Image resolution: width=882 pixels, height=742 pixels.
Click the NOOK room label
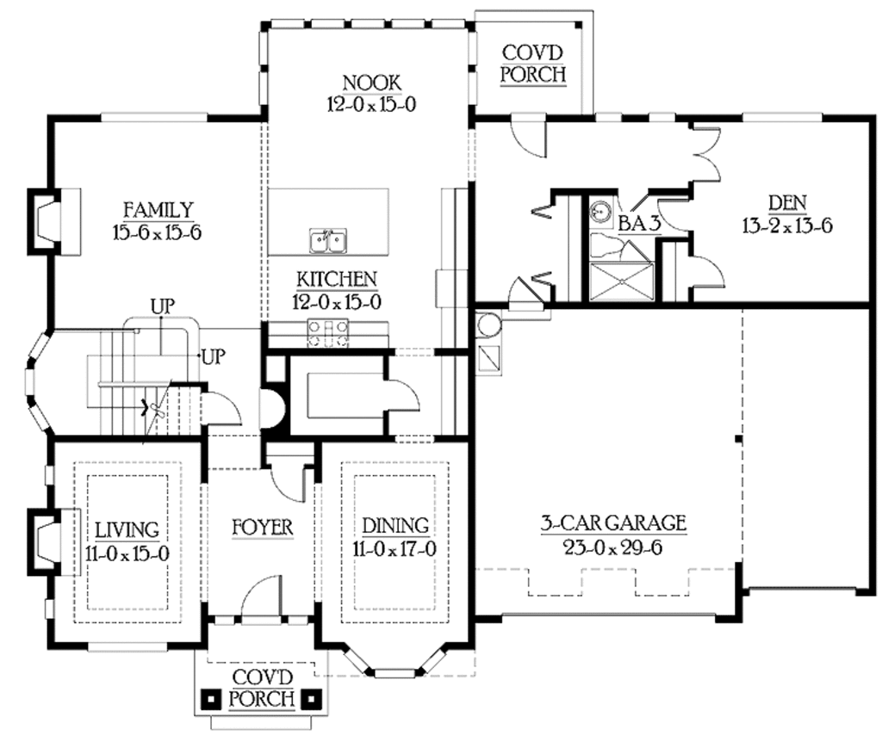pos(371,83)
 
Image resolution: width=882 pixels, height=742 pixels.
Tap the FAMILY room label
pos(157,210)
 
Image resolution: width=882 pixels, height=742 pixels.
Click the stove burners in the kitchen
pos(328,332)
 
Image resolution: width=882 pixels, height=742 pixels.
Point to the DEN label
pos(786,204)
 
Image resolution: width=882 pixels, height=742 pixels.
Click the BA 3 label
pos(639,223)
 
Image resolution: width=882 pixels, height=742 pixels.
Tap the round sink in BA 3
pos(600,212)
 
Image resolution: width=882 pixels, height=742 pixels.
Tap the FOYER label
pos(263,526)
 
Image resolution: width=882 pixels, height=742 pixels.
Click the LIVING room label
pos(127,529)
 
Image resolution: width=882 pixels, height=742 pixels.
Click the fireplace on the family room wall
pos(45,220)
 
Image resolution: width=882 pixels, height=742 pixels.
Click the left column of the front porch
pos(209,697)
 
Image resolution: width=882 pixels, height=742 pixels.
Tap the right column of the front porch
pos(314,697)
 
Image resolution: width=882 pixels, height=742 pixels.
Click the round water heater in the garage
pos(484,326)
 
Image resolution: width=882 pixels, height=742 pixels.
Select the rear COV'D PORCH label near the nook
pos(533,64)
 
